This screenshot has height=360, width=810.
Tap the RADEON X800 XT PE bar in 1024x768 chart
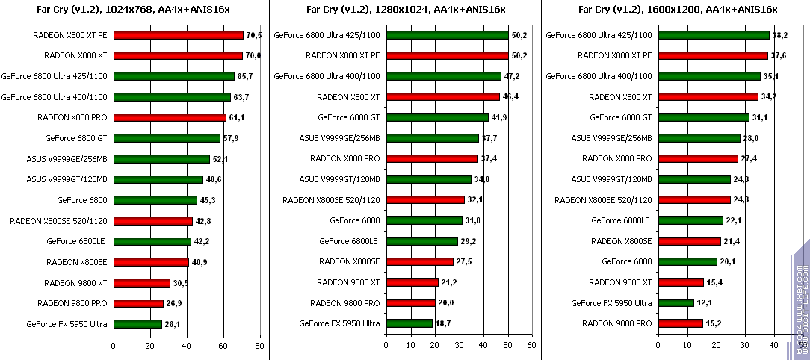pos(179,35)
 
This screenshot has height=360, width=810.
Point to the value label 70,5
pos(253,35)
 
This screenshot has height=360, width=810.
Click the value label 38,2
pos(779,35)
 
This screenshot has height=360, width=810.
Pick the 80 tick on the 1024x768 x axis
pos(259,346)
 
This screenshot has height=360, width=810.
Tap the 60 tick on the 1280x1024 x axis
pos(531,346)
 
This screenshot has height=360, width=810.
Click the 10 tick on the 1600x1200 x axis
pos(687,346)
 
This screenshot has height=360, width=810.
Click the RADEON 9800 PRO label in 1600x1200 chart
pos(622,323)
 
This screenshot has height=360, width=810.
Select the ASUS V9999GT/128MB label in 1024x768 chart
pos(67,179)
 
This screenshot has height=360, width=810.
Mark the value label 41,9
pos(498,117)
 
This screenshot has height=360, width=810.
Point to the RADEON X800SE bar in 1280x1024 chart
pos(419,261)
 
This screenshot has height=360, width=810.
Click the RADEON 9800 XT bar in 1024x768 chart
pos(142,282)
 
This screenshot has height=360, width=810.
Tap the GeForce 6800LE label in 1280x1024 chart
pos(349,241)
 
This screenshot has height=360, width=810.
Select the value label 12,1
pos(704,302)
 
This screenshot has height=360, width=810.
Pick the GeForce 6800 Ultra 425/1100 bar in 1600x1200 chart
pos(714,35)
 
